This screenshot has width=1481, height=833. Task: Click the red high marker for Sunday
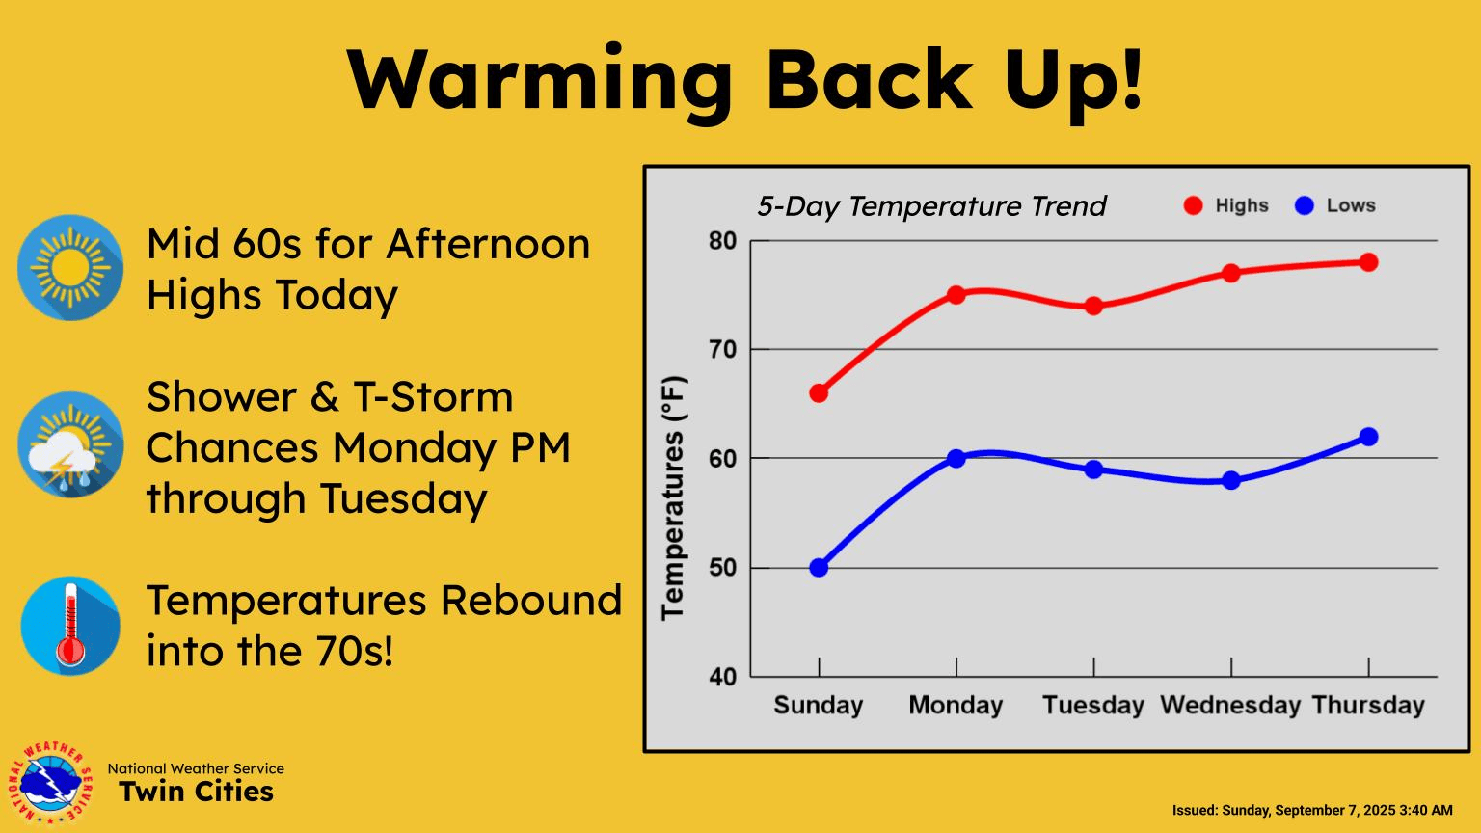click(x=819, y=393)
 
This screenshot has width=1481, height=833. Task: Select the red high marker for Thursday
click(x=1368, y=262)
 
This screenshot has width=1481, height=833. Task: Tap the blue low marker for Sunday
click(x=819, y=568)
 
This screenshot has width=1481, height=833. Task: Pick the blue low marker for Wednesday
click(x=1231, y=480)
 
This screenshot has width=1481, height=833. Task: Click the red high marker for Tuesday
click(x=1093, y=306)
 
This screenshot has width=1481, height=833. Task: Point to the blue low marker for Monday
click(x=956, y=458)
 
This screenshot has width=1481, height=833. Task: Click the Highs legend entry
click(x=1226, y=205)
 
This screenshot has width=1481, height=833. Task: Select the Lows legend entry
click(x=1335, y=205)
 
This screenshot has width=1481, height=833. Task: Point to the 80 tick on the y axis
click(x=722, y=241)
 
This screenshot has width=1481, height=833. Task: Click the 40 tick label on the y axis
click(x=722, y=677)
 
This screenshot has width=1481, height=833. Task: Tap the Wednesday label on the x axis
click(x=1230, y=706)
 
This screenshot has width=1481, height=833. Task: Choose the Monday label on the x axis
click(x=956, y=706)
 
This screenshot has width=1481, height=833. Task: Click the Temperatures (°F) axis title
click(x=673, y=497)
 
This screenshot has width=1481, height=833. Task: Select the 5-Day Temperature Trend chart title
click(x=931, y=206)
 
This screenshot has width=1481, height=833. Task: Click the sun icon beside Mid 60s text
click(x=70, y=267)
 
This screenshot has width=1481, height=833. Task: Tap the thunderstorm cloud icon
click(x=70, y=444)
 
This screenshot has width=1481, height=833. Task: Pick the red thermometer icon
click(x=70, y=626)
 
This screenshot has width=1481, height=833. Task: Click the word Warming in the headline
click(x=540, y=79)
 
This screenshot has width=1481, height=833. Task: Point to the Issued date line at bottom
click(x=1311, y=810)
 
